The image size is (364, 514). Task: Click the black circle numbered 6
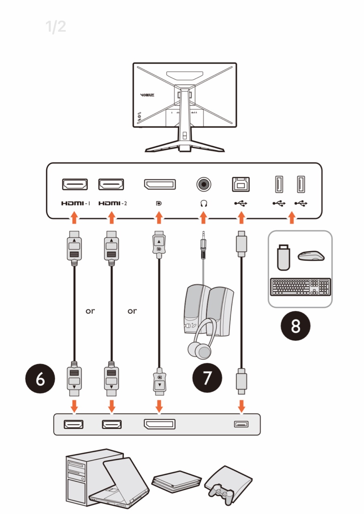pyautogui.click(x=40, y=379)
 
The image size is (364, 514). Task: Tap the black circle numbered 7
pyautogui.click(x=207, y=379)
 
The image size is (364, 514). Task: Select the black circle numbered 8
pyautogui.click(x=296, y=326)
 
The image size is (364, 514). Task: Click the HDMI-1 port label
pyautogui.click(x=75, y=204)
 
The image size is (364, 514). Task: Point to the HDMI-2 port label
pyautogui.click(x=113, y=204)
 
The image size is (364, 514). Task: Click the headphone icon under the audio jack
pyautogui.click(x=204, y=204)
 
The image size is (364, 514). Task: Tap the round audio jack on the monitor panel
pyautogui.click(x=204, y=184)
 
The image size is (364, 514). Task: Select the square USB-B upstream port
pyautogui.click(x=241, y=184)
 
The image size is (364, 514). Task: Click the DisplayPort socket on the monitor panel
pyautogui.click(x=159, y=184)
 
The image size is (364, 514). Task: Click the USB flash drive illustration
pyautogui.click(x=284, y=259)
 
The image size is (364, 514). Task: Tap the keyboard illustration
pyautogui.click(x=301, y=286)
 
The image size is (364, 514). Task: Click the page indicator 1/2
pyautogui.click(x=56, y=27)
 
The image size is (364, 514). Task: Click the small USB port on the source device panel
pyautogui.click(x=241, y=424)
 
